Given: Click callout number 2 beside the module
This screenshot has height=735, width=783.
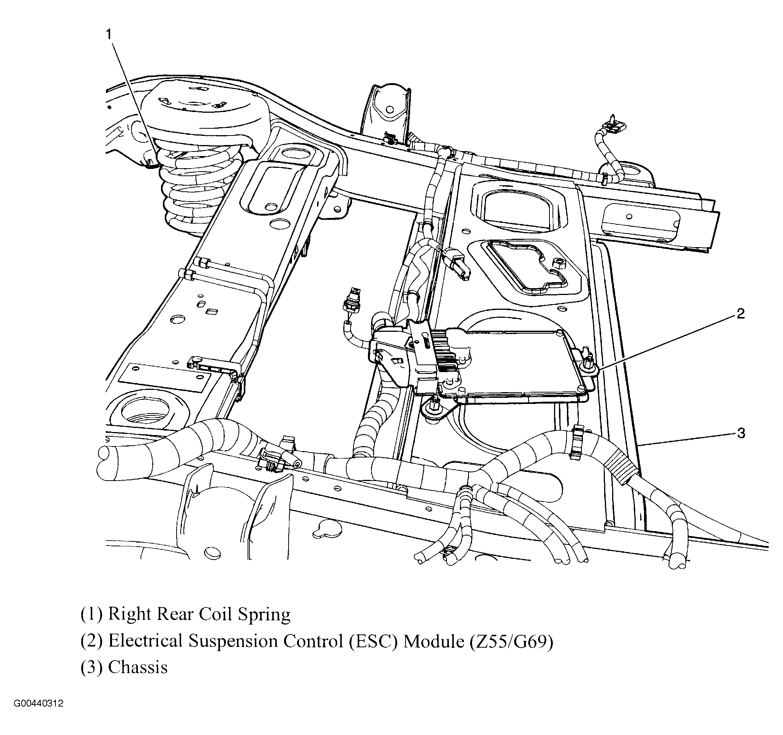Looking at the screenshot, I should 740,313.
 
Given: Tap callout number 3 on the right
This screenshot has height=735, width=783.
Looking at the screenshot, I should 741,433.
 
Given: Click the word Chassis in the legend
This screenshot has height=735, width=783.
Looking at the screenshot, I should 138,668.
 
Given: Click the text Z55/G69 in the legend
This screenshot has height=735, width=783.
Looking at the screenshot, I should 511,641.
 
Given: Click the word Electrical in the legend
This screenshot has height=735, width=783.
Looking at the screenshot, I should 144,641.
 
